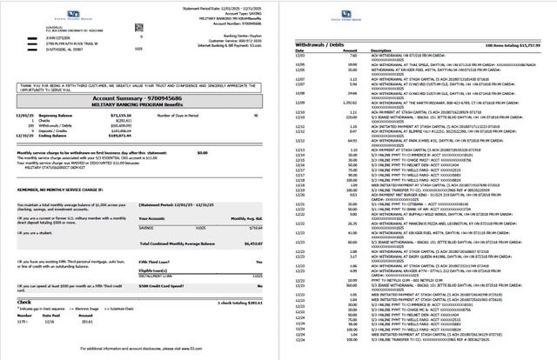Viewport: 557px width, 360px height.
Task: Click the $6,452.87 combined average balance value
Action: pyautogui.click(x=252, y=246)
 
